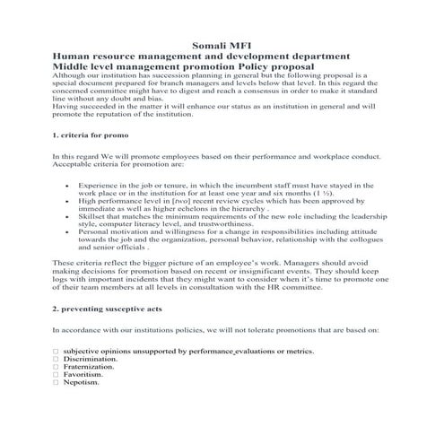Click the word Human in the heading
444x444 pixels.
point(73,56)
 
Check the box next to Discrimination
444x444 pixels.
point(56,359)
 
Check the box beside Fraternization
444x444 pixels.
point(56,367)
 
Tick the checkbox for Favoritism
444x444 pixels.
point(56,374)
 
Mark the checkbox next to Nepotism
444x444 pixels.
point(56,382)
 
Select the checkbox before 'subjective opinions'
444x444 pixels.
point(56,351)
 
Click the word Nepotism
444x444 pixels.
point(82,382)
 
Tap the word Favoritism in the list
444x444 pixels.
point(85,374)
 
